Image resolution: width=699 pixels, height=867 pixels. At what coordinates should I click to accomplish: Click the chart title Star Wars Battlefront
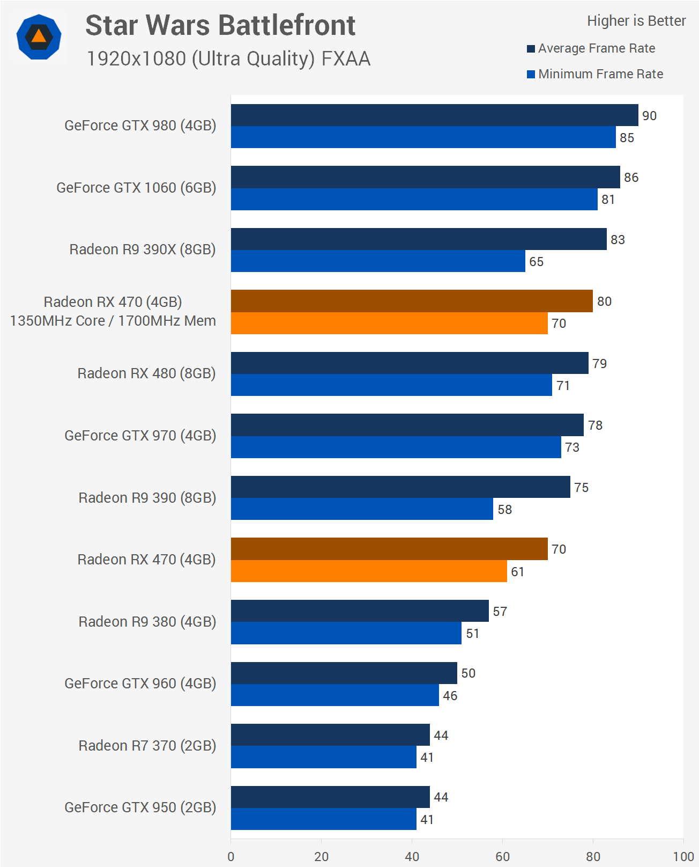(220, 25)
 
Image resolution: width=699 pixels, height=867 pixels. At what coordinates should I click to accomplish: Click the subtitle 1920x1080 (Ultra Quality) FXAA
(228, 58)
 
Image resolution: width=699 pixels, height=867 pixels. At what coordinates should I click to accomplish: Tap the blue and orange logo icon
(39, 37)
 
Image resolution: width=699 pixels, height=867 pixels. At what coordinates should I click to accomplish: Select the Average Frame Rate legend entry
(596, 48)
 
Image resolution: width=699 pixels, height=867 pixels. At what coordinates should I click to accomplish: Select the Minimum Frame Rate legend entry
(600, 74)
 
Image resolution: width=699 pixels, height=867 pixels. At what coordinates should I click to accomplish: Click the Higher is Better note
(636, 21)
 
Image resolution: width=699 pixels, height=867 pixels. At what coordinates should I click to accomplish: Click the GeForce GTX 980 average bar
(434, 115)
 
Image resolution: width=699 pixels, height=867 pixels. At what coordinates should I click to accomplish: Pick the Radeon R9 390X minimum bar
(378, 261)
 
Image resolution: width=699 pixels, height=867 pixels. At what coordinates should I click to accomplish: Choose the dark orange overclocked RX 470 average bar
(412, 301)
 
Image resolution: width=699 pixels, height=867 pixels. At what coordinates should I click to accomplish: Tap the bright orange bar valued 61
(369, 571)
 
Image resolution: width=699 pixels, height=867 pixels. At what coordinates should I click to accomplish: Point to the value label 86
(631, 178)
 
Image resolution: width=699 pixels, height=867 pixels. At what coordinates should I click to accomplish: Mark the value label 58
(504, 510)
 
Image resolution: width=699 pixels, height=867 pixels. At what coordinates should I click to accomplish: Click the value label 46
(450, 696)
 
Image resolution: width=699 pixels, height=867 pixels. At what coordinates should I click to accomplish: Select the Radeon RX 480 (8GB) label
(146, 373)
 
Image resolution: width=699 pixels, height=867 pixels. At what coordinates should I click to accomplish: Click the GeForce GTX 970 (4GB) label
(140, 436)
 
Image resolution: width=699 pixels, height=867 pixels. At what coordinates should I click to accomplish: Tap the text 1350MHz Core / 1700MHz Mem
(113, 321)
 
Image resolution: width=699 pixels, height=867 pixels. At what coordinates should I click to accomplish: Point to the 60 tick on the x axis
(502, 856)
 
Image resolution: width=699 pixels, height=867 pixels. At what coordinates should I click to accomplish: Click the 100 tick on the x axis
(683, 856)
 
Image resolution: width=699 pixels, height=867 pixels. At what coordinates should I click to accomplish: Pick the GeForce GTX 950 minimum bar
(323, 819)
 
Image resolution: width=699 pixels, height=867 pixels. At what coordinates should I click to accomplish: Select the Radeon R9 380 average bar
(360, 611)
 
